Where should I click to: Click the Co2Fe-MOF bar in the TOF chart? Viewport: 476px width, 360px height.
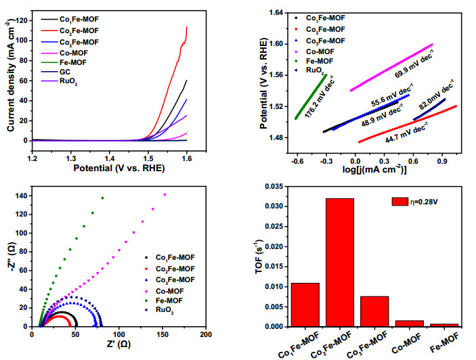[x=340, y=263]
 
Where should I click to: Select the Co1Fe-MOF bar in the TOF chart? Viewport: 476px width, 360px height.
[x=305, y=305]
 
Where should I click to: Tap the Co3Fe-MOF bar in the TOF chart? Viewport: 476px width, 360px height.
[x=374, y=311]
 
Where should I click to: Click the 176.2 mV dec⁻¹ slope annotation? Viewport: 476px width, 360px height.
[x=320, y=97]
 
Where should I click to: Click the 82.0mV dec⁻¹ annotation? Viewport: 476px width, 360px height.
[x=437, y=94]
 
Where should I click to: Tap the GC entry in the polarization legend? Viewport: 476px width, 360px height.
[x=64, y=72]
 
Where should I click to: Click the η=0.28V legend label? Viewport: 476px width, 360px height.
[x=424, y=202]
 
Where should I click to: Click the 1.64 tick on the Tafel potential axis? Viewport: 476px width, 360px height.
[x=276, y=13]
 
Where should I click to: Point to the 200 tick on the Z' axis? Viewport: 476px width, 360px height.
[x=206, y=334]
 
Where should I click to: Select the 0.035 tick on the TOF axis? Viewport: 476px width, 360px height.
[x=274, y=187]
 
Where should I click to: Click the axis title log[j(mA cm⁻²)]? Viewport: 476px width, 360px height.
[x=374, y=169]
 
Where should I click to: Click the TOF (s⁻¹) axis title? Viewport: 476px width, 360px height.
[x=259, y=256]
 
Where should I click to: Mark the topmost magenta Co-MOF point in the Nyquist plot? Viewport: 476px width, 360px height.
[x=165, y=195]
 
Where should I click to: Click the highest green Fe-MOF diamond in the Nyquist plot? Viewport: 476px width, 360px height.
[x=103, y=198]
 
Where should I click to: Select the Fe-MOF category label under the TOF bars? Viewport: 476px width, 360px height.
[x=444, y=342]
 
